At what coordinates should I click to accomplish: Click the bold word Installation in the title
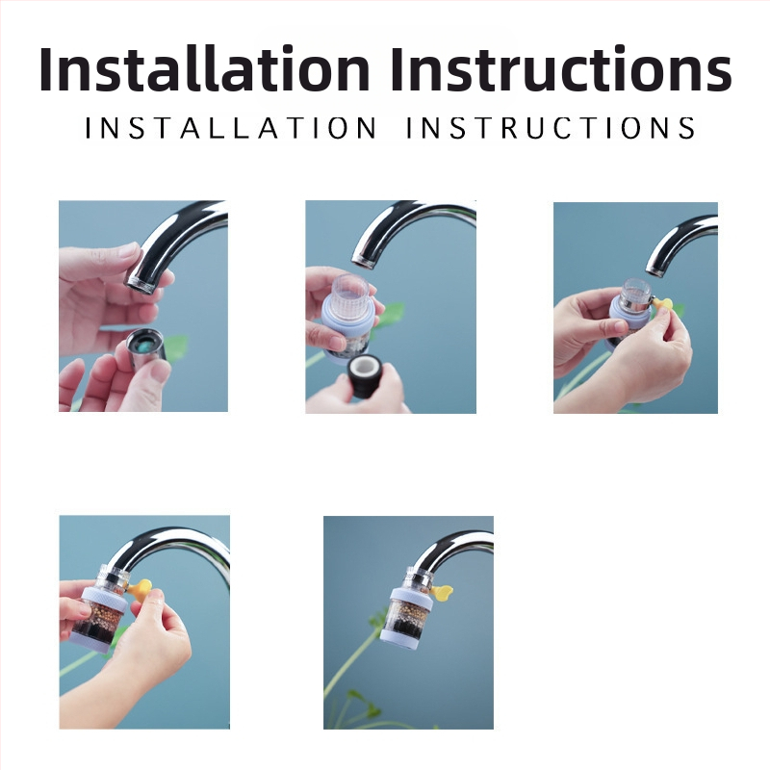[204, 68]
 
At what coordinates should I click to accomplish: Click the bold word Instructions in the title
[561, 68]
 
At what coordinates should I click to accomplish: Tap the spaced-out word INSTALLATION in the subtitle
[231, 128]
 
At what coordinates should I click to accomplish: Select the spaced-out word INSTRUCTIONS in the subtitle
[551, 128]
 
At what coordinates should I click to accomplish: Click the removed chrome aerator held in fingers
[146, 347]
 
